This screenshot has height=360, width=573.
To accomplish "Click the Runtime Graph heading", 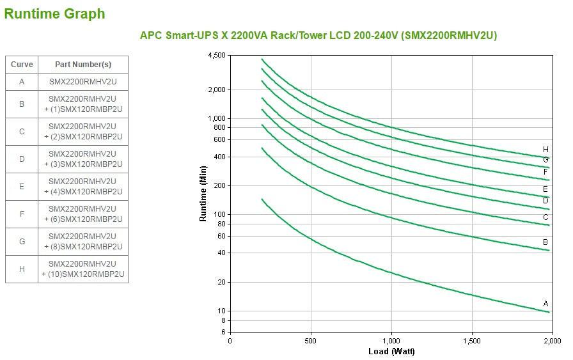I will pos(54,13).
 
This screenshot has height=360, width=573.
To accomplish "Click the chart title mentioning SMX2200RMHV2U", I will pos(318,35).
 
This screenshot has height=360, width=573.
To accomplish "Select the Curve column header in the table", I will pos(22,65).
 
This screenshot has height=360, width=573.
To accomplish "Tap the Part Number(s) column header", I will pos(83,65).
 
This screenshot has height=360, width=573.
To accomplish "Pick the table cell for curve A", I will pos(22,82).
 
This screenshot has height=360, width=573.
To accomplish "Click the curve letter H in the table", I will pos(22,269).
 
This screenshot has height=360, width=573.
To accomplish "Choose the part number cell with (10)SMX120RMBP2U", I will pos(83,269).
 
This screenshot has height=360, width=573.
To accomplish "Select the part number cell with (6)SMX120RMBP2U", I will pos(83,214).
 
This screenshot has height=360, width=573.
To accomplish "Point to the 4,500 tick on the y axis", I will pos(217,56).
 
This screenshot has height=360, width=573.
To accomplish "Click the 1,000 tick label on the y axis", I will pos(217,119).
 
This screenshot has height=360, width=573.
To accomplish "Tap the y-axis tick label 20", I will pos(221,282).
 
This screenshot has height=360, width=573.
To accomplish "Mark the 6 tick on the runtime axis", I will pos(223,333).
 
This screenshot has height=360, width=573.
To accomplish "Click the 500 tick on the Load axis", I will pos(311,341).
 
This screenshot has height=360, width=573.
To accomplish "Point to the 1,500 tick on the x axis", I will pos(472,341).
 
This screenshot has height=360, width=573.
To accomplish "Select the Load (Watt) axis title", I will pos(391,351).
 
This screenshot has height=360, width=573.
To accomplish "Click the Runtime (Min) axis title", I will pos(203,194).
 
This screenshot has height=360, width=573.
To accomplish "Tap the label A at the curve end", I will pos(546,304).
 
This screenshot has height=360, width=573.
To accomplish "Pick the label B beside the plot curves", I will pos(546,242).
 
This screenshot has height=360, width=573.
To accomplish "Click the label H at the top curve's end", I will pos(546,150).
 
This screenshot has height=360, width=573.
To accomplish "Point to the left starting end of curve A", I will pos(262,199).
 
